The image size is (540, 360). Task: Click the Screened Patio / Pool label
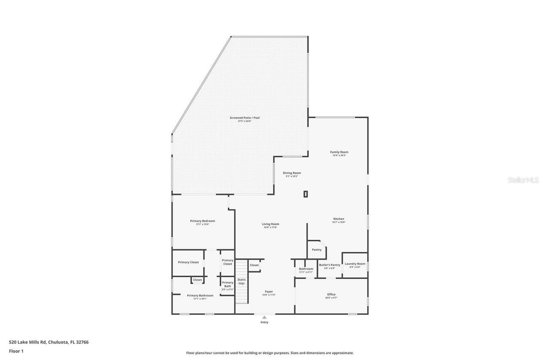[245, 118]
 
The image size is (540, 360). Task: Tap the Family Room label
[339, 152]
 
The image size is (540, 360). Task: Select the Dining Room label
[292, 173]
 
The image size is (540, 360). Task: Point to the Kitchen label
[339, 219]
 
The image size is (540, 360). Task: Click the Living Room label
[270, 224]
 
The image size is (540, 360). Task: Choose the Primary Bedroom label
[202, 221]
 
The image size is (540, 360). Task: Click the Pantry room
[316, 250]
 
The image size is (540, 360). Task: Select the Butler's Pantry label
[329, 265]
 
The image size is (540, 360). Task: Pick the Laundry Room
[355, 265]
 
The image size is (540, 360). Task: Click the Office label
[331, 294]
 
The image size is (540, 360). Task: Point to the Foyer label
[269, 292]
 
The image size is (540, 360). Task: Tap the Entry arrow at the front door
[264, 317]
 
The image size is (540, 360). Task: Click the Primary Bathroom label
[200, 296]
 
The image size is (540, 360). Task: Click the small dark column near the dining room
[305, 194]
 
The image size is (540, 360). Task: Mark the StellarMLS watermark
[523, 180]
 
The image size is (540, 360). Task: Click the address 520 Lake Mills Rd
[49, 342]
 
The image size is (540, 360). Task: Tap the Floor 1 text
[16, 351]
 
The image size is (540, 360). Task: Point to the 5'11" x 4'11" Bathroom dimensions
[306, 272]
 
